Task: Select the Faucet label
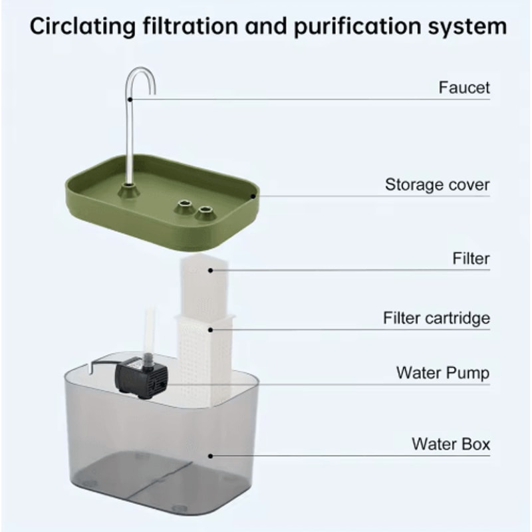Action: [x=464, y=88]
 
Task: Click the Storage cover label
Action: [x=437, y=184]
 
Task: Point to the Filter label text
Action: [x=470, y=258]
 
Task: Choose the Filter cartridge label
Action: [x=436, y=318]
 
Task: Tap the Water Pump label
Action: [x=442, y=372]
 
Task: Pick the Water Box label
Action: [x=450, y=443]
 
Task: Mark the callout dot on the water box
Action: [x=211, y=456]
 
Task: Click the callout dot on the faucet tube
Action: [x=130, y=100]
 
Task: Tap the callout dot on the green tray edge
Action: [x=253, y=196]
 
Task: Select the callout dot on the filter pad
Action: [x=211, y=269]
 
